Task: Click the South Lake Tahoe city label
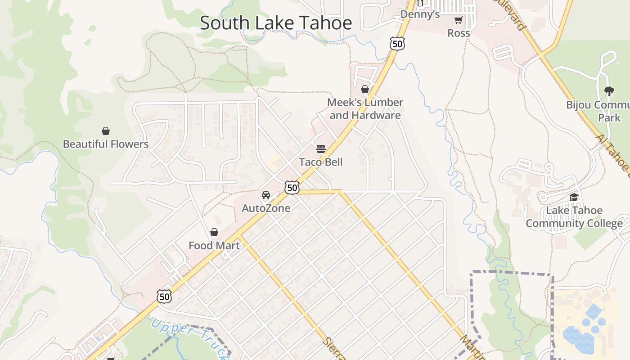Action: point(275,23)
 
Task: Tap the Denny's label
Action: point(420,14)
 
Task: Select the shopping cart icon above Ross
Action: point(458,20)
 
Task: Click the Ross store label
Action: point(459,33)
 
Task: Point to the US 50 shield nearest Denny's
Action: point(397,44)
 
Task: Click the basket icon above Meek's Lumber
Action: point(365,89)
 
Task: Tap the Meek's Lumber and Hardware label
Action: point(365,109)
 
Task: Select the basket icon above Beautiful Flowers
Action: point(106,131)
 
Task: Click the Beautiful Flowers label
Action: point(106,144)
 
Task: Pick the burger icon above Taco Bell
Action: point(321,149)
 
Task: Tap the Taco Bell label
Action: point(321,162)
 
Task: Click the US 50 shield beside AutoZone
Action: point(292,188)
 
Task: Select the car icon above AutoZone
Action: point(266,195)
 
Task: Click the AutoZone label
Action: point(266,208)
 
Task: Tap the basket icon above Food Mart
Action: point(214,232)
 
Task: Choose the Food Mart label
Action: point(214,246)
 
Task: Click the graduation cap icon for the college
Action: point(574,197)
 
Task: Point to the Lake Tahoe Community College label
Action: point(574,217)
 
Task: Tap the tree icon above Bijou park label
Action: point(609,91)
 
